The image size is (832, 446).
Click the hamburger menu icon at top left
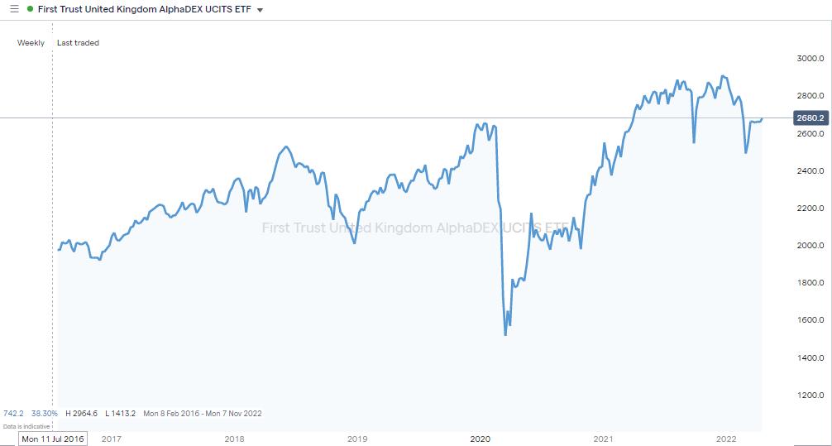13,9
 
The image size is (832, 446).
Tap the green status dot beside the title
31,9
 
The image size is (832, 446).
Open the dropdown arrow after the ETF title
261,10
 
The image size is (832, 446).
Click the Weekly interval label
31,43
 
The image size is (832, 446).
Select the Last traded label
78,43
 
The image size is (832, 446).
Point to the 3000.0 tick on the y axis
810,59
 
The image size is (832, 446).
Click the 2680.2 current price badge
810,118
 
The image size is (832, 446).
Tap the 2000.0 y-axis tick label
810,246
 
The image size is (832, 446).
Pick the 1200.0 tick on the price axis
810,396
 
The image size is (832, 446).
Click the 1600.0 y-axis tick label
810,320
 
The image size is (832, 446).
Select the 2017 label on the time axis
112,439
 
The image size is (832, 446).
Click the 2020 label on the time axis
481,439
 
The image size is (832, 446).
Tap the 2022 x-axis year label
726,439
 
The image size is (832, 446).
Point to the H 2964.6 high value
81,413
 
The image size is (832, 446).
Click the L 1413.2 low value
120,413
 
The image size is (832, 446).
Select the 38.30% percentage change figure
45,413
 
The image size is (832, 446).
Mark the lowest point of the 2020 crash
505,334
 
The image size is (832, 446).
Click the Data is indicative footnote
26,425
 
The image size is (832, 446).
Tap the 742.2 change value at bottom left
13,413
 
